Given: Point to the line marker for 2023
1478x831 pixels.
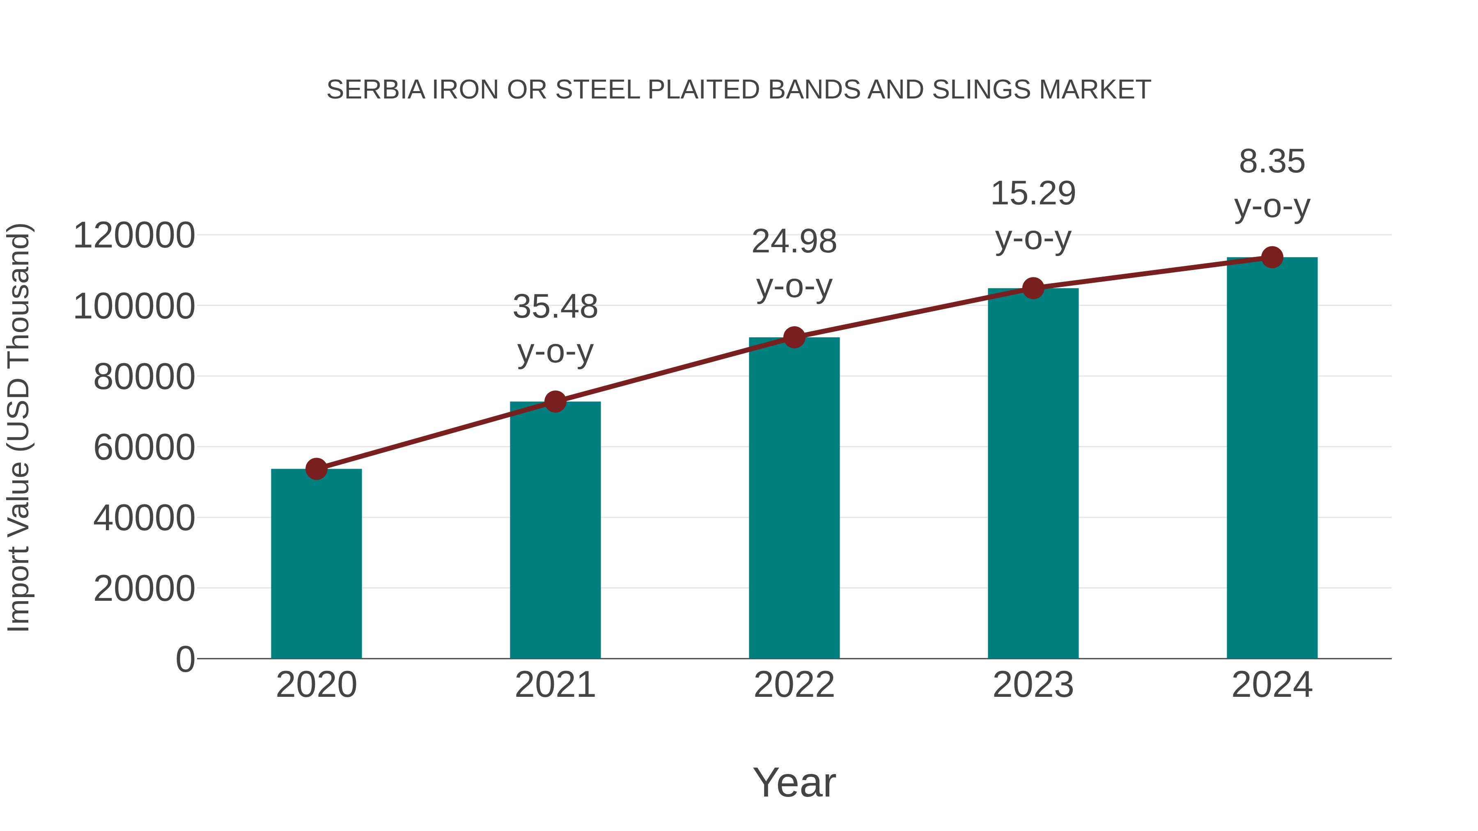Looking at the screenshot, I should [1033, 288].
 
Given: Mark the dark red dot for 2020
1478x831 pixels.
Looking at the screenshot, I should [316, 469].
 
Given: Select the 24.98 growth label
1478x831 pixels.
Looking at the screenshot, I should [794, 264].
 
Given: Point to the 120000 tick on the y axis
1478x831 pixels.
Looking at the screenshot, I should [134, 236].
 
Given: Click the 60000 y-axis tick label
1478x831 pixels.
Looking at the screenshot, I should [144, 447].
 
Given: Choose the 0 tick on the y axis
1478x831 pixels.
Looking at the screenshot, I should [185, 659].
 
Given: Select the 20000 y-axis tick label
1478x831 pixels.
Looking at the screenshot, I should [144, 588].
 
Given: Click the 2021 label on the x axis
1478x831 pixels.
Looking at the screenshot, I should [555, 685].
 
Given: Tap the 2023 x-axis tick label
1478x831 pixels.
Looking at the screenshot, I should [1033, 685].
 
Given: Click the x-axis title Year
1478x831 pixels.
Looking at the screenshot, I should [794, 782].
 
